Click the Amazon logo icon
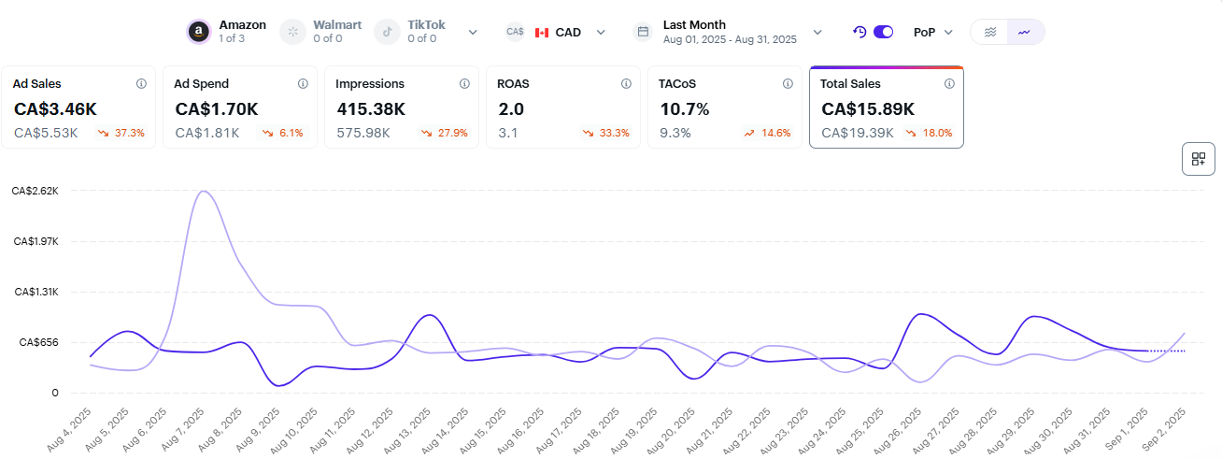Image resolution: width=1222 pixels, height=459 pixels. click(x=198, y=32)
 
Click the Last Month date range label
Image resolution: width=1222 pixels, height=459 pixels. click(x=694, y=25)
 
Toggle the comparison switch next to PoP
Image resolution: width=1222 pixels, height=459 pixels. click(x=883, y=32)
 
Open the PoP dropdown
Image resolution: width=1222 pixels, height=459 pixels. click(x=933, y=32)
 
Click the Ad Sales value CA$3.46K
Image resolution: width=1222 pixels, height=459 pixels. click(x=55, y=108)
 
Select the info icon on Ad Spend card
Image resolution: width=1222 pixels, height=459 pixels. click(x=303, y=83)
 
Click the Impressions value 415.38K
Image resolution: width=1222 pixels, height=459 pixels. click(x=371, y=108)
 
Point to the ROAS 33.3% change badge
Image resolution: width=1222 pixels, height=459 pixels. click(x=605, y=133)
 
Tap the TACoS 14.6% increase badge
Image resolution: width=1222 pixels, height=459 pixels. click(x=767, y=133)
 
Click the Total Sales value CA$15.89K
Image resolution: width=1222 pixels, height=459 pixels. click(x=868, y=108)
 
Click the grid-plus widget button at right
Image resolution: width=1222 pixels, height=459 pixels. click(x=1198, y=159)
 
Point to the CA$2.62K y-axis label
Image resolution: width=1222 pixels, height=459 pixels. click(x=35, y=191)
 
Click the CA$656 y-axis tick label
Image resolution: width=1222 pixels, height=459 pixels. click(x=38, y=342)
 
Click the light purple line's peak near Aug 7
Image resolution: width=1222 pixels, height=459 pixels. click(x=203, y=192)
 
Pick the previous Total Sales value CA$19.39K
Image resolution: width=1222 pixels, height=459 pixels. click(x=857, y=133)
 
